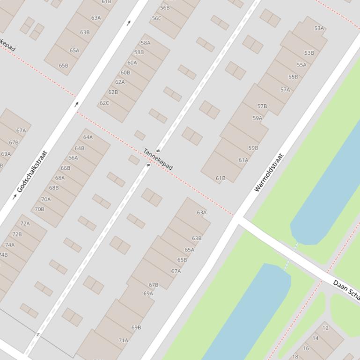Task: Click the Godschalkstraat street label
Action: [33, 172]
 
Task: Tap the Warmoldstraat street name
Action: [269, 173]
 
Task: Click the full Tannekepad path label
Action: [158, 159]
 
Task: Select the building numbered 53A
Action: [319, 28]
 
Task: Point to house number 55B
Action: [293, 77]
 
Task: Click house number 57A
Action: [285, 90]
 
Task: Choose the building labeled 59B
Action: [253, 148]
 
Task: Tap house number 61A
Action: [243, 160]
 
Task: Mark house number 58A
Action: [146, 43]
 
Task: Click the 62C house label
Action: [104, 103]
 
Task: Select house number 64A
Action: [88, 137]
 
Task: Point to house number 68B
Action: [54, 188]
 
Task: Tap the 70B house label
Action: [40, 209]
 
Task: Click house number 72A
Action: [25, 223]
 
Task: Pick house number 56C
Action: [156, 19]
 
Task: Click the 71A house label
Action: [123, 340]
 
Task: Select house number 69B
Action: [136, 328]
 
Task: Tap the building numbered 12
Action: [326, 328]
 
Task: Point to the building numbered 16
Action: [306, 348]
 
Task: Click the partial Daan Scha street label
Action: [346, 290]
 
